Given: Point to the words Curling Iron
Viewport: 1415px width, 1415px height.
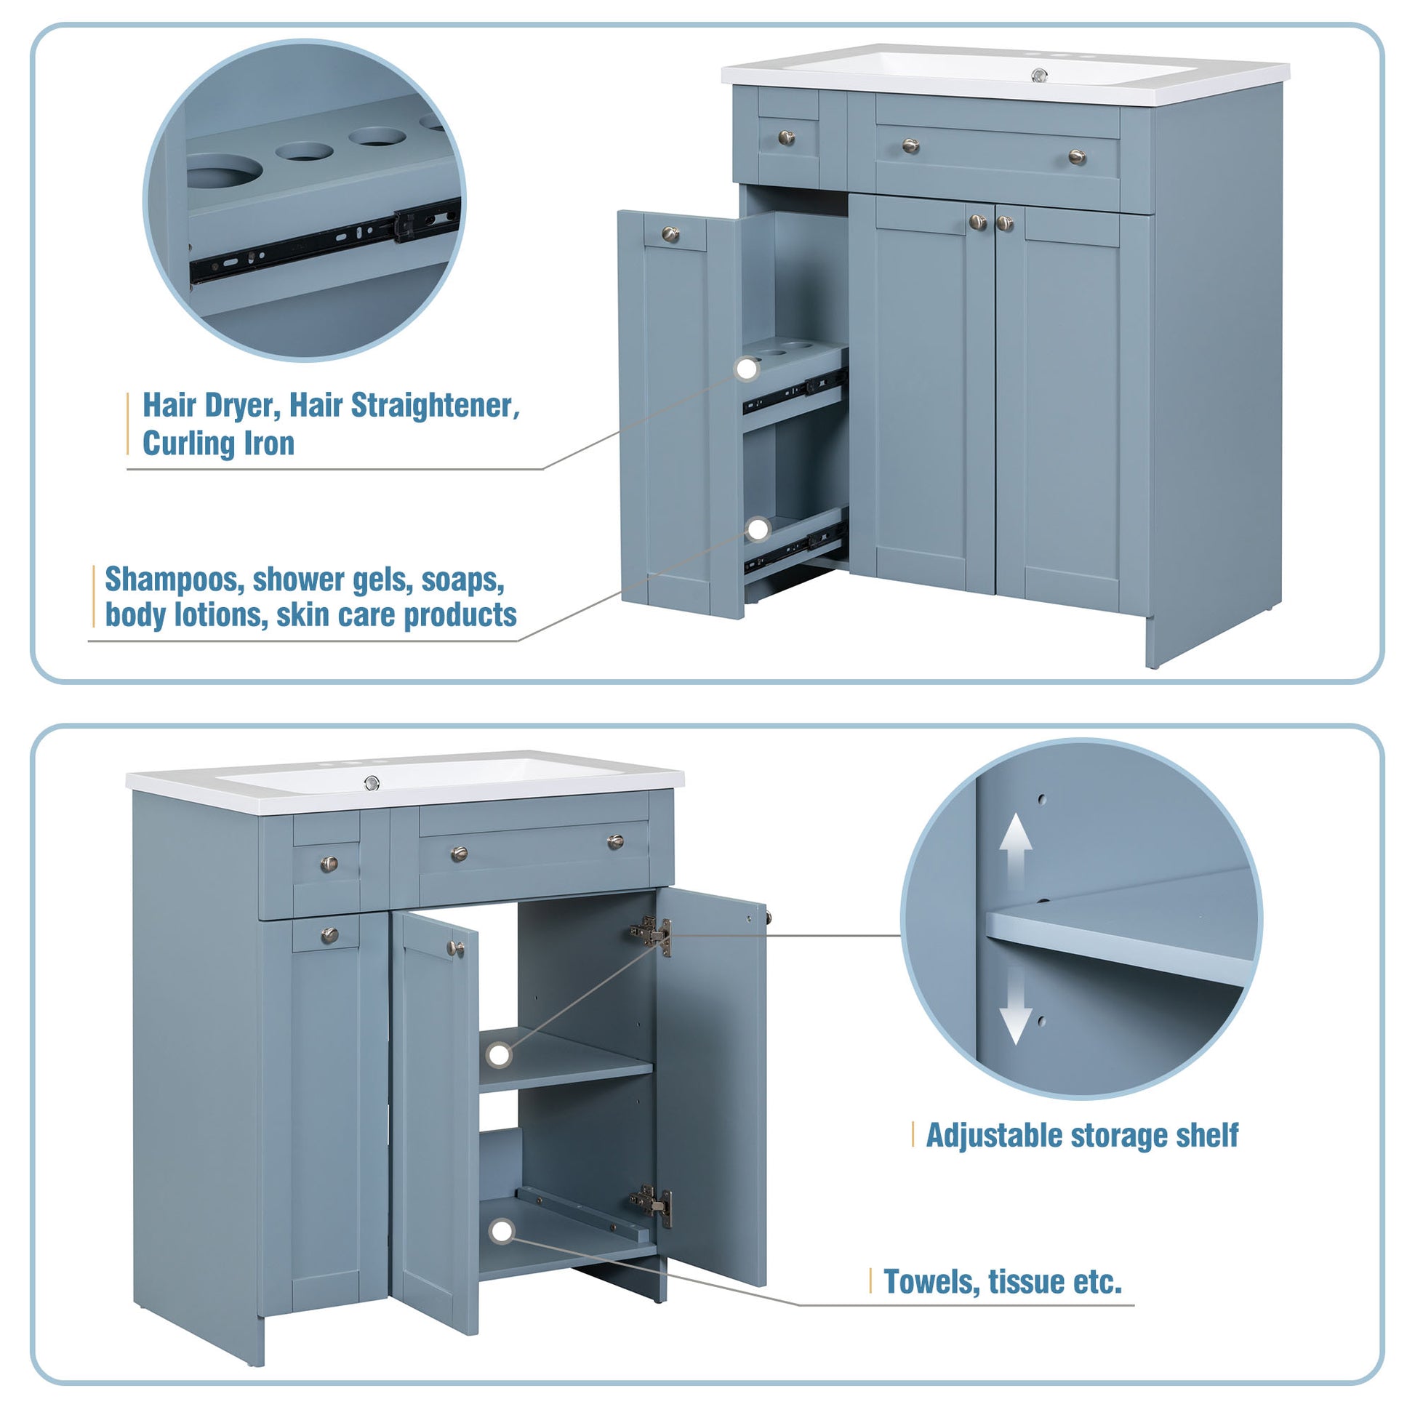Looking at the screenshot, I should pyautogui.click(x=218, y=444).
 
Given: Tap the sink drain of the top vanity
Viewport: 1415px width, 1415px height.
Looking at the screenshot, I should pyautogui.click(x=1038, y=75).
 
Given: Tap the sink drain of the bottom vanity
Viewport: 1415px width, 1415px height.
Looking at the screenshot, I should pyautogui.click(x=373, y=783).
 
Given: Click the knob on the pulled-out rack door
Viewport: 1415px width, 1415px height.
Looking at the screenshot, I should pyautogui.click(x=672, y=234).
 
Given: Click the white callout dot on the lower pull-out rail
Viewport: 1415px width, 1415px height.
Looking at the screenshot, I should pyautogui.click(x=759, y=528).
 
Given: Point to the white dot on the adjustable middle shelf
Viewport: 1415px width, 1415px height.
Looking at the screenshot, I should pyautogui.click(x=500, y=1055).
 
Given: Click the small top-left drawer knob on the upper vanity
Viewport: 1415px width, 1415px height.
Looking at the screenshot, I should pyautogui.click(x=787, y=137).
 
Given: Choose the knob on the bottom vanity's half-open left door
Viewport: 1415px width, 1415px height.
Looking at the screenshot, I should pyautogui.click(x=457, y=948).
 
